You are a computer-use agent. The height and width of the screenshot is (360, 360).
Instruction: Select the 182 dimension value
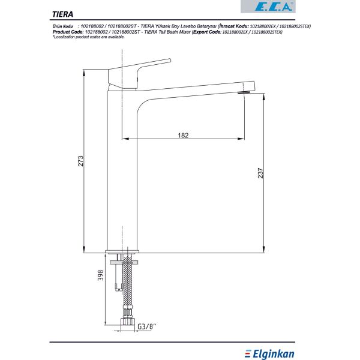tap(184, 135)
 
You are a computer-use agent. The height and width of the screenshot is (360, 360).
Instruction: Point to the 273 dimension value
tap(79, 161)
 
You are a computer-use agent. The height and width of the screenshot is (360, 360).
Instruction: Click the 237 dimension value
tap(260, 173)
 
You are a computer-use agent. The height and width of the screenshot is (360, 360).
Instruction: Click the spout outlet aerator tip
tap(242, 92)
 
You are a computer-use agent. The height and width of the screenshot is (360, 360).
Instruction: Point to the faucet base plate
tap(123, 253)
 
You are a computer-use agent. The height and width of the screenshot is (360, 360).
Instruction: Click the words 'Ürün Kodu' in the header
tap(63, 27)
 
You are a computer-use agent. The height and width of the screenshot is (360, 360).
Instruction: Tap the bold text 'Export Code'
tap(205, 32)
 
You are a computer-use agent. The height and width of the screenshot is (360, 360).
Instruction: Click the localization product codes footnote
tap(89, 37)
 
